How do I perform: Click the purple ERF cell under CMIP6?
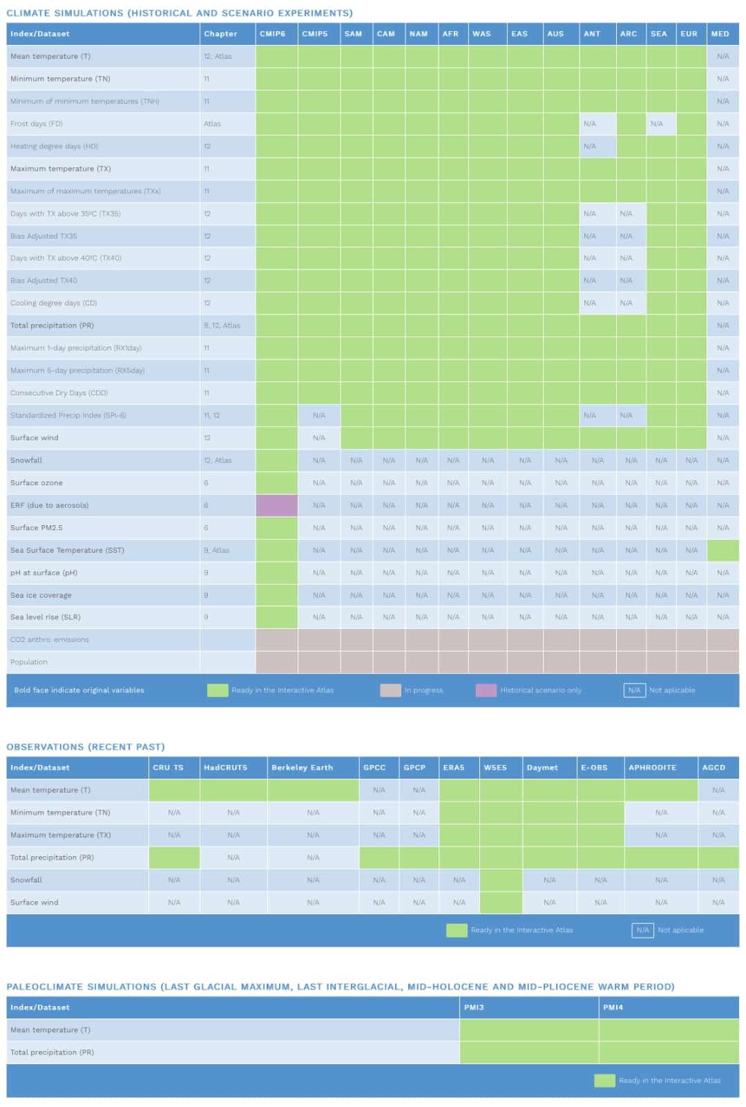[x=276, y=505]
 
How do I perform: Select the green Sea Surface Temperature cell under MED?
[x=723, y=550]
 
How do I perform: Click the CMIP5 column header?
[x=315, y=34]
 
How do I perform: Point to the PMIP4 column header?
[x=613, y=1007]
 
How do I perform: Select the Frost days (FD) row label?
[x=37, y=124]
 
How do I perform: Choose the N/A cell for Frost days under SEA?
[x=657, y=124]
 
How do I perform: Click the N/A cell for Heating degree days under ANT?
[x=590, y=146]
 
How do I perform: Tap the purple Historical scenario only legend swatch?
[x=486, y=690]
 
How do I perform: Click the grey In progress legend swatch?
[x=390, y=690]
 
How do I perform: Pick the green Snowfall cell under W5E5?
[x=501, y=880]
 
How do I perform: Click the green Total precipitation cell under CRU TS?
[x=174, y=858]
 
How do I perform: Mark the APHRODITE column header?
[x=652, y=768]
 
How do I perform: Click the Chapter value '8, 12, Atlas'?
[x=222, y=325]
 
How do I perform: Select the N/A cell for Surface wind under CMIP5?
[x=318, y=438]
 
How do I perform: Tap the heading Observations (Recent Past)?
[x=86, y=747]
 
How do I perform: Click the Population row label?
[x=29, y=662]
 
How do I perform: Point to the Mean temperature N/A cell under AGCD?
[x=718, y=790]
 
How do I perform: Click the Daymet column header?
[x=542, y=768]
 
